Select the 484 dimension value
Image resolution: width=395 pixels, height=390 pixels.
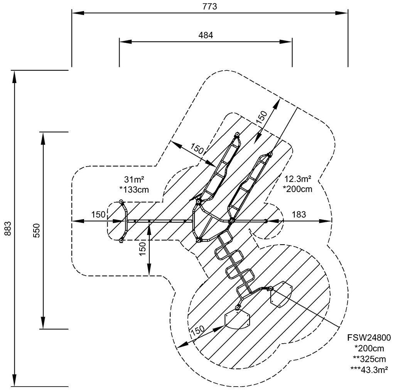click(206, 34)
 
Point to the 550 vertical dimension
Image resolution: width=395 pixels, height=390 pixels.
click(36, 230)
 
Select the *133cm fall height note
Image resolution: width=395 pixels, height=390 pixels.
click(135, 189)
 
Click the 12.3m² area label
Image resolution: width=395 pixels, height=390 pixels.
click(297, 179)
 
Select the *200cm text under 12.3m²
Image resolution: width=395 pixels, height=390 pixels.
click(297, 189)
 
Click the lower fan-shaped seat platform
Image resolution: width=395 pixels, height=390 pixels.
click(237, 319)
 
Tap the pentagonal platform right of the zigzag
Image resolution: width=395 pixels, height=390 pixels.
click(282, 294)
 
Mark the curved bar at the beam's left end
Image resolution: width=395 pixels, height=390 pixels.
click(125, 222)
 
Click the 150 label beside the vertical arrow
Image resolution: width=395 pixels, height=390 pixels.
click(143, 248)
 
